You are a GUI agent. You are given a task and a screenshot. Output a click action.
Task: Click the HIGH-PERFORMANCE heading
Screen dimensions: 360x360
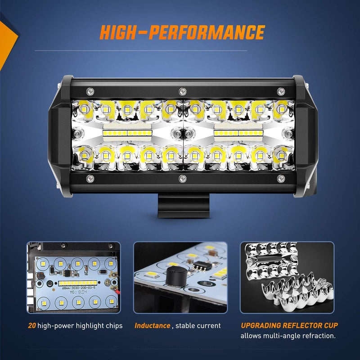[x=182, y=32]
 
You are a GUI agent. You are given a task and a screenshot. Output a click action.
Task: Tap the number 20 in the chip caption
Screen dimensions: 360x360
[x=32, y=325]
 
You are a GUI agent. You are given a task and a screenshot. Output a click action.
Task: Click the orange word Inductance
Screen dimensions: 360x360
[x=152, y=325]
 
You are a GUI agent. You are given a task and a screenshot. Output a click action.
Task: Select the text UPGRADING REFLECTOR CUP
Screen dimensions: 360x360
[x=289, y=325]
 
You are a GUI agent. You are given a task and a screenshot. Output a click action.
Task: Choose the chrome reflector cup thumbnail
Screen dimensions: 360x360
[x=287, y=277]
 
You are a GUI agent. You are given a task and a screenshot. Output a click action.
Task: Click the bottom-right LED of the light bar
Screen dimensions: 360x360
[x=281, y=156]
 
